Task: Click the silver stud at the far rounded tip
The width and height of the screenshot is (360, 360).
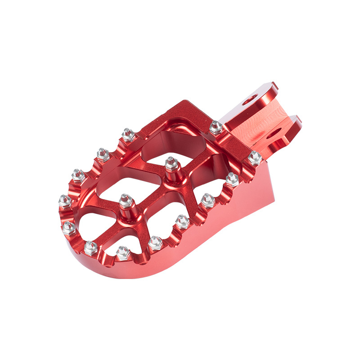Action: (65, 200)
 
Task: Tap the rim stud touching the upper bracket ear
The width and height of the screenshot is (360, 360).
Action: (216, 128)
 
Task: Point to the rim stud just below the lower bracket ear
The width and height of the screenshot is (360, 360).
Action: (255, 157)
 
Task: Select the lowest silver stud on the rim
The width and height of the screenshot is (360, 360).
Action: (122, 252)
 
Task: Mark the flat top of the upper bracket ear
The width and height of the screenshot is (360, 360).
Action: (270, 88)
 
